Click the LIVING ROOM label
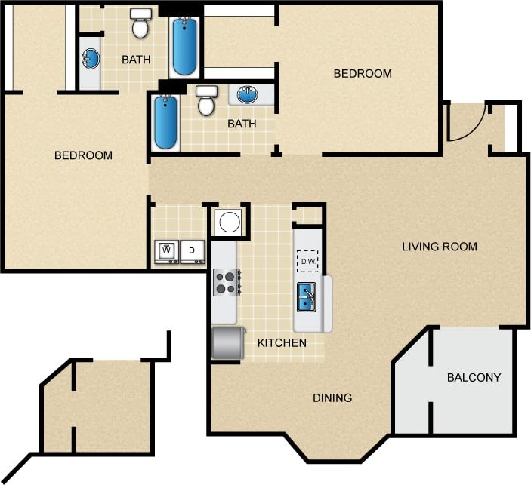(x=439, y=247)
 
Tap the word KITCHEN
(x=282, y=343)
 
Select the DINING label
(x=332, y=398)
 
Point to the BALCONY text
(x=474, y=377)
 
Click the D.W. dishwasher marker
(x=307, y=262)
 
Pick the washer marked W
(x=165, y=250)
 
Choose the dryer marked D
(x=193, y=250)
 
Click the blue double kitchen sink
(x=307, y=296)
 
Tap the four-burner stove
(x=225, y=283)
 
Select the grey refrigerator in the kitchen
(x=227, y=343)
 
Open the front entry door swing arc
(x=465, y=124)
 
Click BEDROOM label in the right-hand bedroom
(x=363, y=73)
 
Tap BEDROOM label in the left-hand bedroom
(x=83, y=155)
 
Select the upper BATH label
(x=136, y=59)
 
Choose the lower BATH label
(x=242, y=124)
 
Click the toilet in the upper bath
(x=140, y=25)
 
